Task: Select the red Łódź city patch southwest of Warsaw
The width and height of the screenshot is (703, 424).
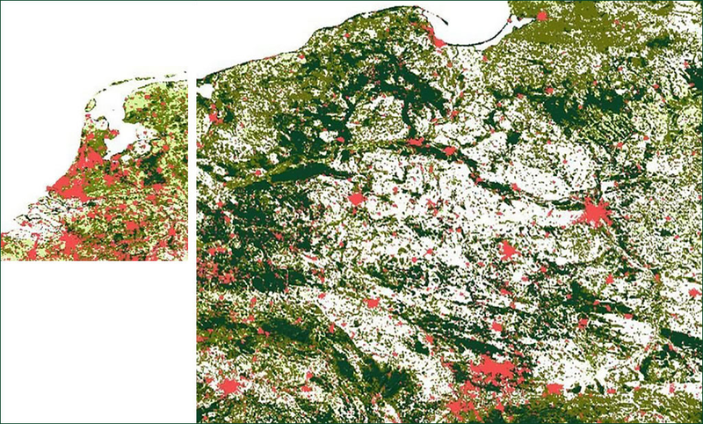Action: [x=508, y=250]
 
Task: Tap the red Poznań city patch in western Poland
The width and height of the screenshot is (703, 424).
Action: [x=357, y=200]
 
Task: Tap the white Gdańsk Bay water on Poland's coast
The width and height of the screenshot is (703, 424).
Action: [x=470, y=22]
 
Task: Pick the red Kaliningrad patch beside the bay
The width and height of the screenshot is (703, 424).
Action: [x=541, y=15]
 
